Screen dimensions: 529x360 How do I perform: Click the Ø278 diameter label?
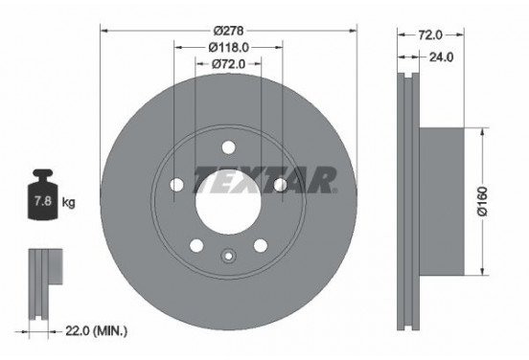tap(228, 31)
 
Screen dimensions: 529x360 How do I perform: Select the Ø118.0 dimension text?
tap(228, 47)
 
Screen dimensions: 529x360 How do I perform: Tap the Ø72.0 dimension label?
tap(228, 63)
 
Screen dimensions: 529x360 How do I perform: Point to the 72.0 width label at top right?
tap(430, 34)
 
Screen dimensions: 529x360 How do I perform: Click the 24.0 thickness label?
tap(441, 57)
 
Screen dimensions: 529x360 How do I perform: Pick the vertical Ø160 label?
tap(483, 201)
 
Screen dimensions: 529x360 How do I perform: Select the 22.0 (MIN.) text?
tap(96, 330)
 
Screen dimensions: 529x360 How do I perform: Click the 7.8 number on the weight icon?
tap(43, 201)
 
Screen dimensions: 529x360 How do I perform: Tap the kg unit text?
tap(68, 202)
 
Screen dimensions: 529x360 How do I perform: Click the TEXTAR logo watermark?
tap(265, 180)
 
